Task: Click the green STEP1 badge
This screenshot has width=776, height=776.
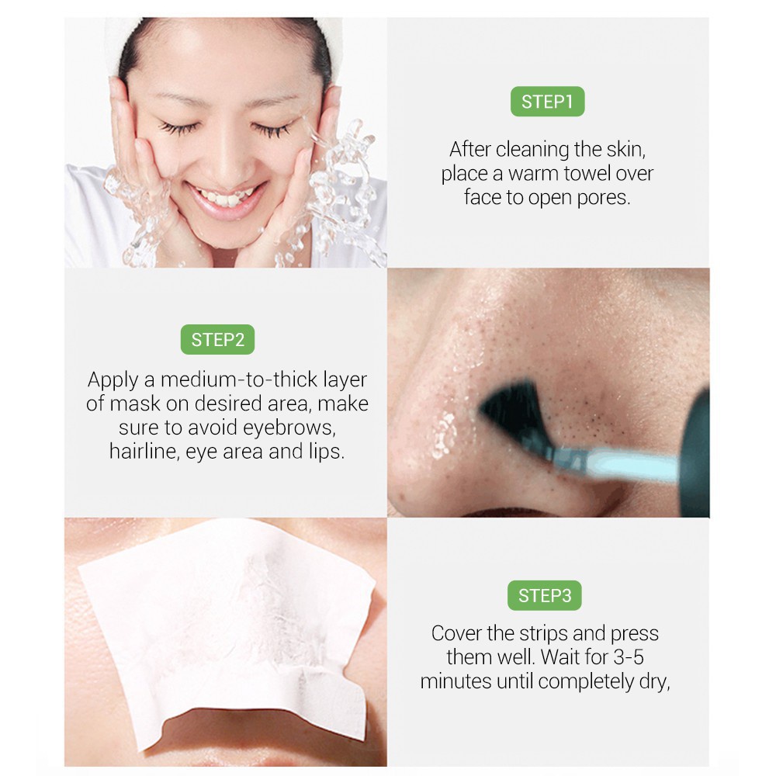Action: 547,102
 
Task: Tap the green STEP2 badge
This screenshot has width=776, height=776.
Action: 217,339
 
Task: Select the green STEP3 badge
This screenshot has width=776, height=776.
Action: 545,595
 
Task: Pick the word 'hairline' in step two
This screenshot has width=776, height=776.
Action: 144,452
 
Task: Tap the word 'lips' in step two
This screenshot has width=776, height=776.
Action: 326,452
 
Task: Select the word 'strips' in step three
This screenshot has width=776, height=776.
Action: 518,633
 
